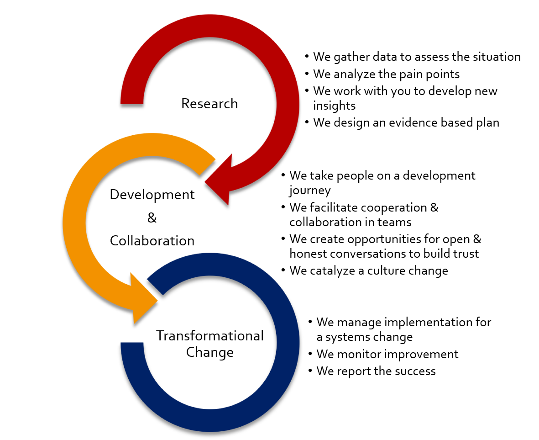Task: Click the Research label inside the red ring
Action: click(209, 104)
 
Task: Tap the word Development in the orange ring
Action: click(152, 195)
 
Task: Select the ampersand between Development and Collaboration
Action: click(152, 218)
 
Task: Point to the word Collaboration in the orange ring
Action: click(152, 240)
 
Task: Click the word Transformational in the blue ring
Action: click(210, 336)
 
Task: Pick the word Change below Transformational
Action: click(210, 352)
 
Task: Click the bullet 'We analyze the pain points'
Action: click(386, 74)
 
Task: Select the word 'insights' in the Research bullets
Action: click(334, 106)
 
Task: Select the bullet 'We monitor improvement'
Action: click(387, 354)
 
